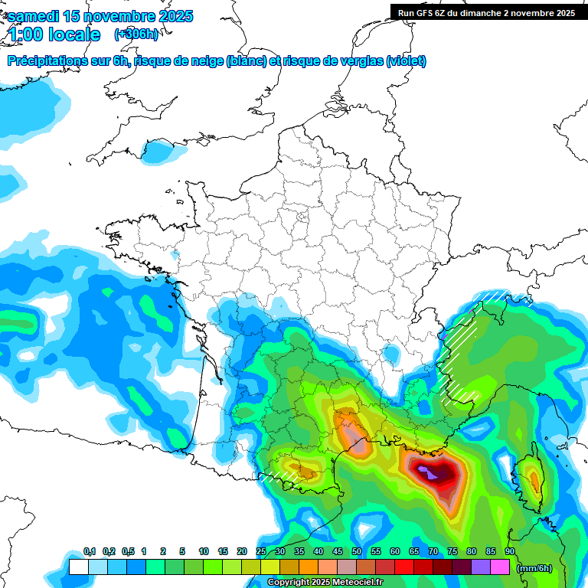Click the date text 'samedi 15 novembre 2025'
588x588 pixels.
pyautogui.click(x=100, y=17)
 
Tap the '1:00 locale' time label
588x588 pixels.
pyautogui.click(x=54, y=34)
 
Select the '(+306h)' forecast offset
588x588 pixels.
pyautogui.click(x=136, y=34)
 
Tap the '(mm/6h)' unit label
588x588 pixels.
pyautogui.click(x=534, y=568)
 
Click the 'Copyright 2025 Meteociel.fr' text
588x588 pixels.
pyautogui.click(x=325, y=583)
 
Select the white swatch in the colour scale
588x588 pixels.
pyautogui.click(x=78, y=567)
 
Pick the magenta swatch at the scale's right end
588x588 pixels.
pyautogui.click(x=500, y=567)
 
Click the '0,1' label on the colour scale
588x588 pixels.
pyautogui.click(x=90, y=552)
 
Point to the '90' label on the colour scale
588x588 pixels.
pyautogui.click(x=509, y=552)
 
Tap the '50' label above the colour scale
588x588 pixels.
pyautogui.click(x=357, y=552)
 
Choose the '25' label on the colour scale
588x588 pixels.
pyautogui.click(x=261, y=552)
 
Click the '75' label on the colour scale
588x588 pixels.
pyautogui.click(x=452, y=552)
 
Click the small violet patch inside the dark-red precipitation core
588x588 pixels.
pyautogui.click(x=433, y=476)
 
